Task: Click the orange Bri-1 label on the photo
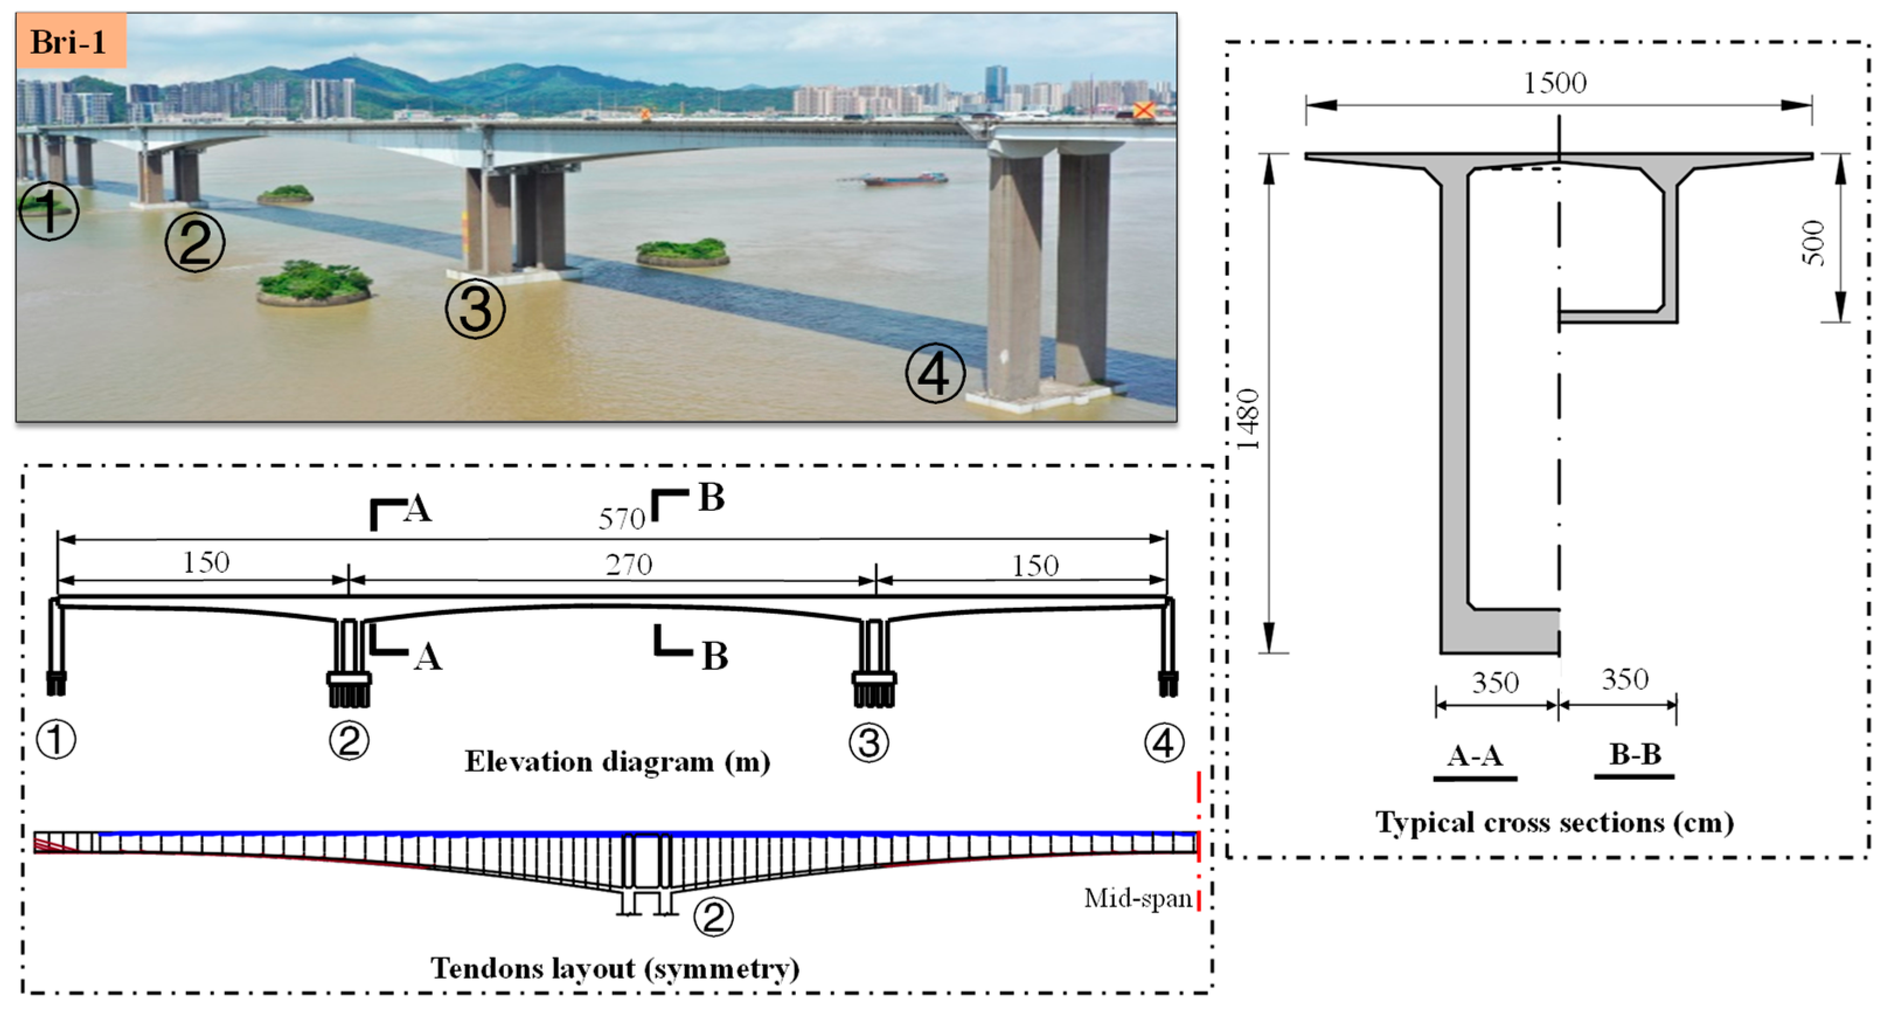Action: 69,41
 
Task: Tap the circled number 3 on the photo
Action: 476,310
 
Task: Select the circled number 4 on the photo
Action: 935,373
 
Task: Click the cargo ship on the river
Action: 906,179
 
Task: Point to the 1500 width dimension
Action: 1555,83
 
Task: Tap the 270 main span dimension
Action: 628,565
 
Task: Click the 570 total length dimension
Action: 621,519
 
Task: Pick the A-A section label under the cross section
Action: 1474,756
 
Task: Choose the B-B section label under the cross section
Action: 1634,754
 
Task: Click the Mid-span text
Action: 1138,898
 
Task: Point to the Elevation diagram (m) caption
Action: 617,762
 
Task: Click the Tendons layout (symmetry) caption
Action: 615,968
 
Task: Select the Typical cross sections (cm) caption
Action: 1554,822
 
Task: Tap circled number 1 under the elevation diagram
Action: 56,739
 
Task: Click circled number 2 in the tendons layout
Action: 713,916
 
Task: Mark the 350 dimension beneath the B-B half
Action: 1625,680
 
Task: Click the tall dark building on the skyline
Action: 995,84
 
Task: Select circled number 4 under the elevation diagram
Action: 1163,742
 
